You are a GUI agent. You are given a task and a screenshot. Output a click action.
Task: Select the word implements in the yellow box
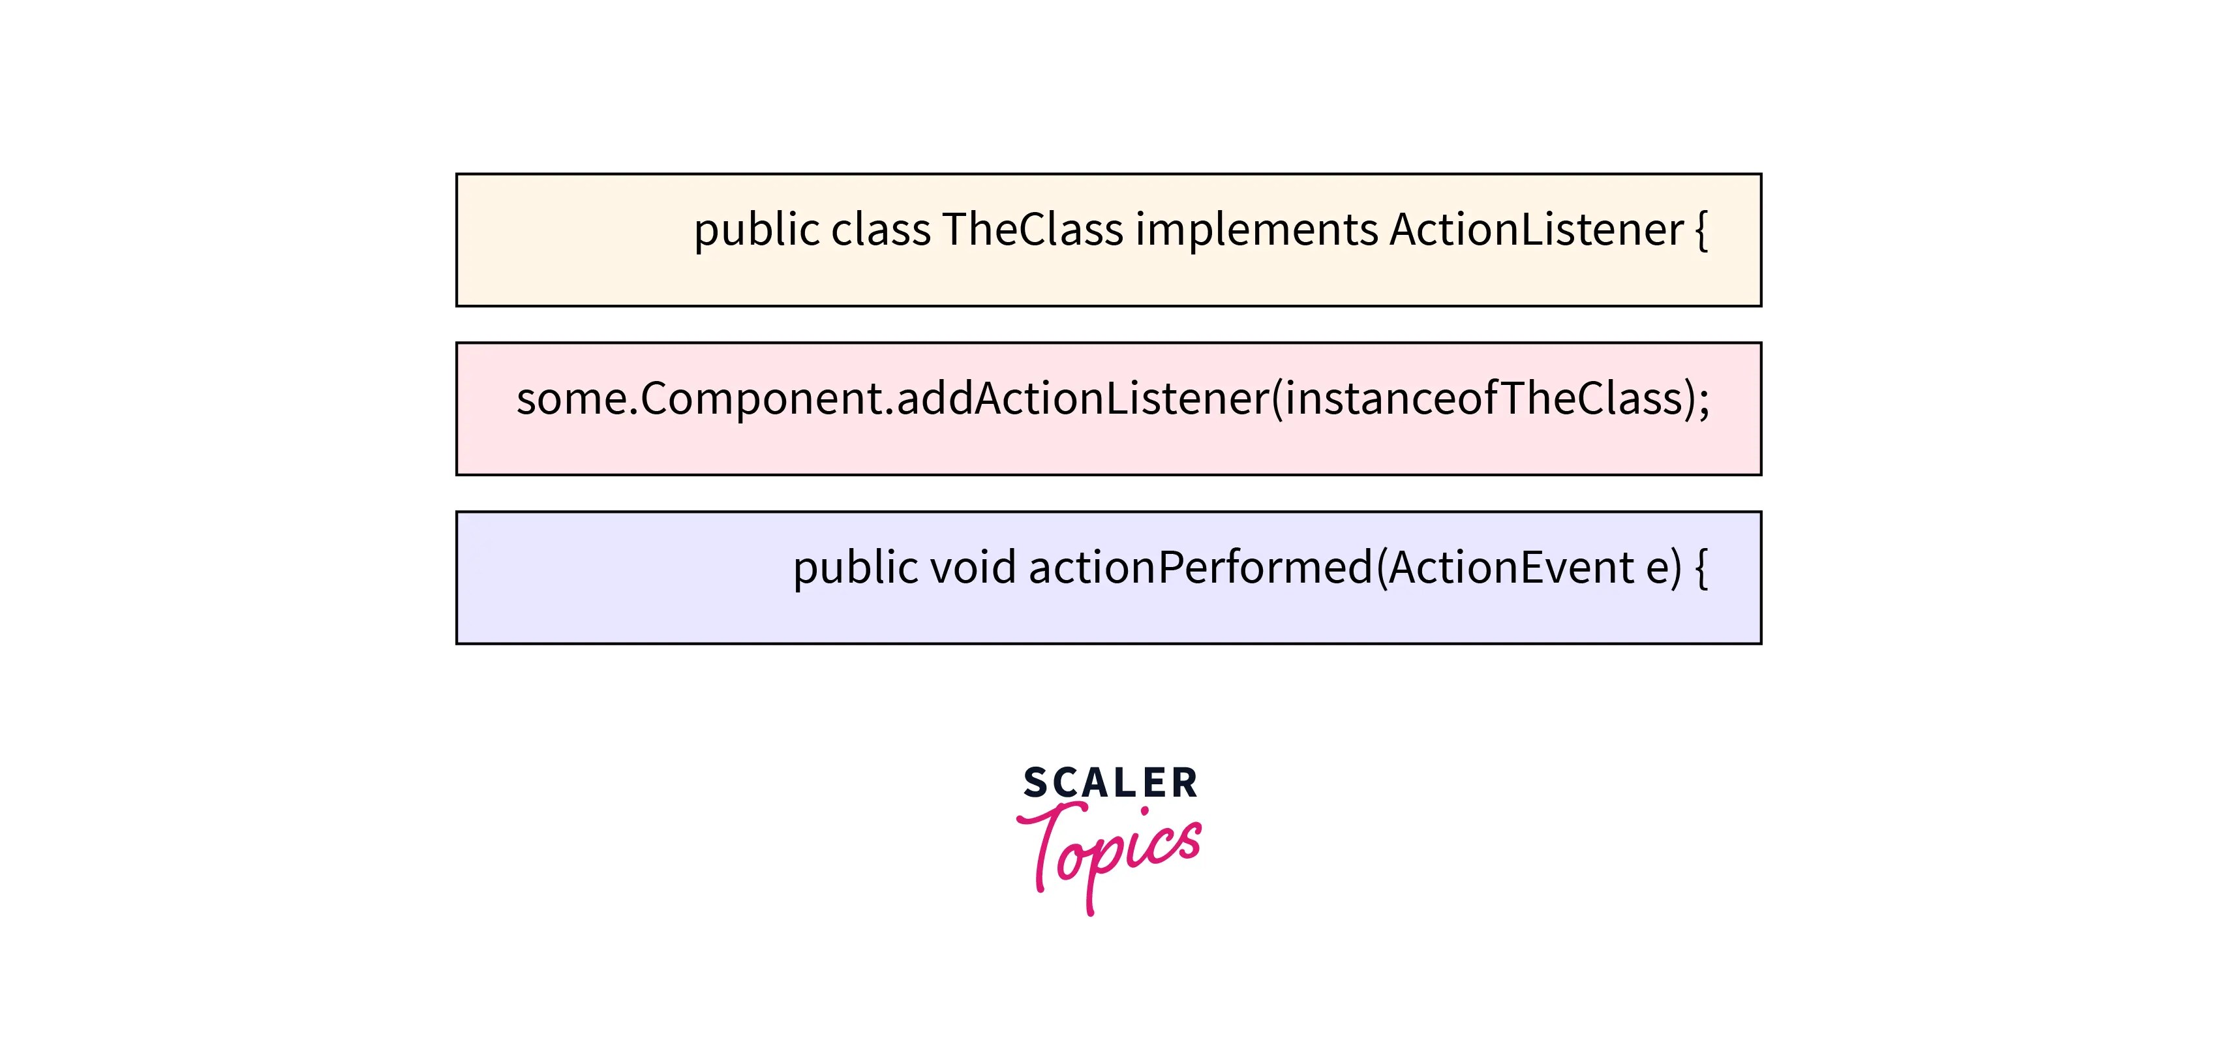[x=1256, y=230]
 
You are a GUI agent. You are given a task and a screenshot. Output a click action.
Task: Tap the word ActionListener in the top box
[x=1536, y=230]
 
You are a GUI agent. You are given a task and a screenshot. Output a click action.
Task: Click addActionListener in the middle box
[x=1082, y=399]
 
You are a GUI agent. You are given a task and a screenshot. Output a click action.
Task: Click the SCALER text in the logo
[x=1110, y=784]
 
